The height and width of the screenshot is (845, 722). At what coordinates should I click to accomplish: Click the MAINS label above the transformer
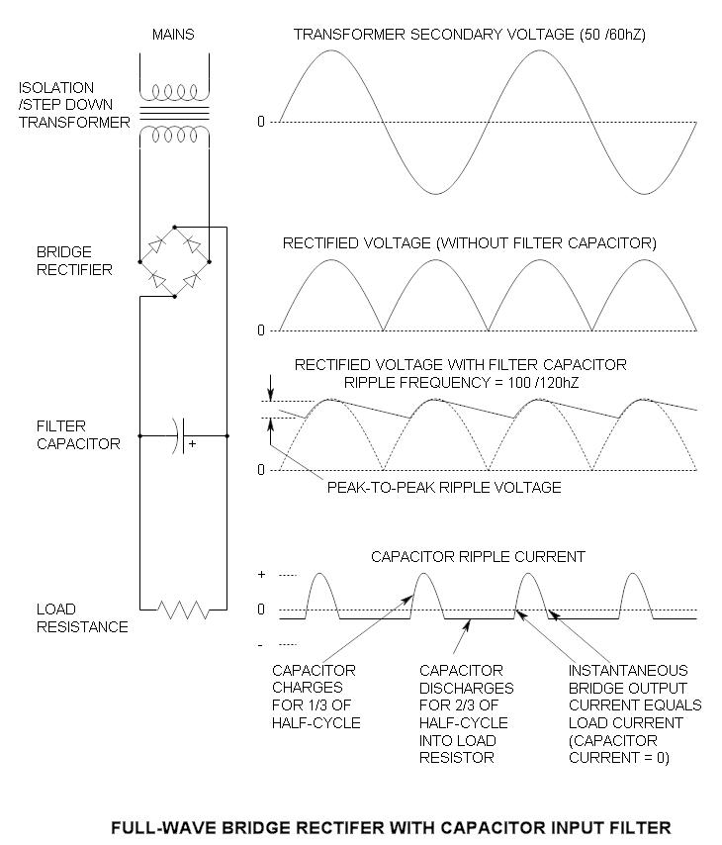click(173, 35)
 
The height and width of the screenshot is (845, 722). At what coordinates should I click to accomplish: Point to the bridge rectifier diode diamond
click(175, 260)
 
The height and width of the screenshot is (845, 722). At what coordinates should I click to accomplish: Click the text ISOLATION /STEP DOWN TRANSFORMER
click(74, 105)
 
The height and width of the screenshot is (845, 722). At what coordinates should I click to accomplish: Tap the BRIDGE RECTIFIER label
click(60, 261)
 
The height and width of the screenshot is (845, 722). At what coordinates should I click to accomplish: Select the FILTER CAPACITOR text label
click(64, 435)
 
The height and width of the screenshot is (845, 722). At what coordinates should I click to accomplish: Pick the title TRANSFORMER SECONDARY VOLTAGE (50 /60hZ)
click(470, 35)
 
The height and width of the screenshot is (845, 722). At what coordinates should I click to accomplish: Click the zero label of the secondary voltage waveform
click(261, 122)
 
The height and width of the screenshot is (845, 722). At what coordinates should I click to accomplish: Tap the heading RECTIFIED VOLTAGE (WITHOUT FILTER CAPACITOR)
click(470, 242)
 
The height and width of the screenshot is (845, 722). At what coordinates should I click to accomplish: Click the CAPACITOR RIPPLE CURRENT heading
click(478, 556)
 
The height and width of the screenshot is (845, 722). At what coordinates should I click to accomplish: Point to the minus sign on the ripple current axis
click(261, 645)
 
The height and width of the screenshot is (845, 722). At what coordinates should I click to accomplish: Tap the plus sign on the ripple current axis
click(261, 575)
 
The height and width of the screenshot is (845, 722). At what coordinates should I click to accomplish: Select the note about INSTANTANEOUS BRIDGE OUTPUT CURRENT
click(634, 714)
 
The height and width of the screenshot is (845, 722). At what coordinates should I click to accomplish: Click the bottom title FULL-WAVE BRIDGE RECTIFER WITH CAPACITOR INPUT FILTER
click(391, 826)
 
